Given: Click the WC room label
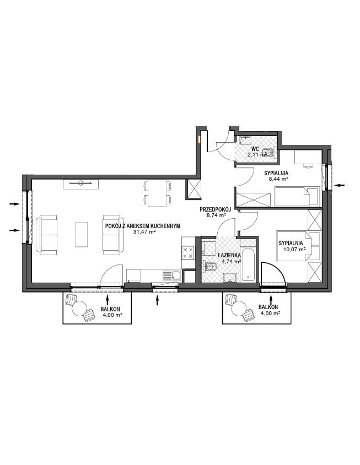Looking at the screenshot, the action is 255,149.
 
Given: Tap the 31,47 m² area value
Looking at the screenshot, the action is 144,231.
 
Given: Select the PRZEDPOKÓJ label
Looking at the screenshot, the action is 215,210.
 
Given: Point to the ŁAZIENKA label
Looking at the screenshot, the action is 229,255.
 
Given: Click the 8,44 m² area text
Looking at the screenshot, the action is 276,179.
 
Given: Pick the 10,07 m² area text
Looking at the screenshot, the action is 294,250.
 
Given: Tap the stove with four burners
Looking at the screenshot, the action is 187,252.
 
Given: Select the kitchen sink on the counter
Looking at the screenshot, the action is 172,276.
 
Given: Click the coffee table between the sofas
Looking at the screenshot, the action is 82,234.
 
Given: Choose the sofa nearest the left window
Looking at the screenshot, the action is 47,235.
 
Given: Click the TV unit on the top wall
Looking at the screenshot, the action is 80,184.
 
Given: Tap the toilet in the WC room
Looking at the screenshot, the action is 268,153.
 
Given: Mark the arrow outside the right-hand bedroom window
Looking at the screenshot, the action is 340,185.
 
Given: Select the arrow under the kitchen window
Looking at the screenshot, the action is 157,300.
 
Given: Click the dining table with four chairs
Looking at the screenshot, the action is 157,193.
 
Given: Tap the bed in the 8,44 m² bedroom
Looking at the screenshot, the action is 297,196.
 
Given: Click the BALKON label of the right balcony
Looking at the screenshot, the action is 268,307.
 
